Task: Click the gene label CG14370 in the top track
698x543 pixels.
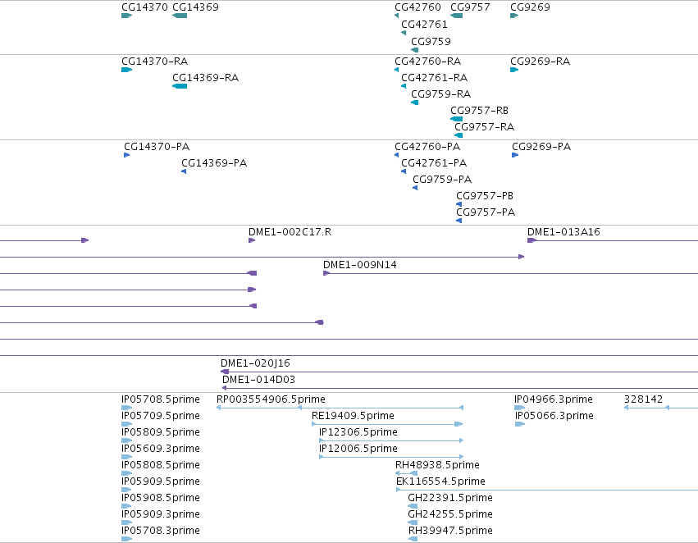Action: [x=144, y=7]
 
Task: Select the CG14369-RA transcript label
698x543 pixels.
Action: [x=206, y=78]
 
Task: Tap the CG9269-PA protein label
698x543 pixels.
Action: [x=541, y=147]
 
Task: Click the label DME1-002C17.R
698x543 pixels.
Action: [x=290, y=232]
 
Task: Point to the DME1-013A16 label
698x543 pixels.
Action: [x=563, y=232]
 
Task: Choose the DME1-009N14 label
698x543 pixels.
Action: [x=360, y=265]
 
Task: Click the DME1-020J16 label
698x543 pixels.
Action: [x=255, y=363]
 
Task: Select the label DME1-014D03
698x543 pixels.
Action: [x=258, y=380]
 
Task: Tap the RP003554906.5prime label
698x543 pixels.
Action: [x=271, y=399]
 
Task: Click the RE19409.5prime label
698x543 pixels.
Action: [x=353, y=416]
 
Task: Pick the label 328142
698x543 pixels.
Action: [x=643, y=399]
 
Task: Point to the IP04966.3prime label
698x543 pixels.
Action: [x=554, y=399]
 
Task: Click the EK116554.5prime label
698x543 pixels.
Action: [x=440, y=481]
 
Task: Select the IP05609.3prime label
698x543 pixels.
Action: [x=161, y=449]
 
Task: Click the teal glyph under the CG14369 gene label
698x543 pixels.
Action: [x=180, y=16]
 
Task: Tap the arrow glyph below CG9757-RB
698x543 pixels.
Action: [x=456, y=119]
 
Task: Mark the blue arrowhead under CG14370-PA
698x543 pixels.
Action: [x=127, y=155]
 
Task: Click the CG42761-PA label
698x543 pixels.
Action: [x=434, y=163]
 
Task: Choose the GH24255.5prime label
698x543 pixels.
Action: [x=450, y=514]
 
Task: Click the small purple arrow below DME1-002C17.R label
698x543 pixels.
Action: [x=252, y=240]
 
